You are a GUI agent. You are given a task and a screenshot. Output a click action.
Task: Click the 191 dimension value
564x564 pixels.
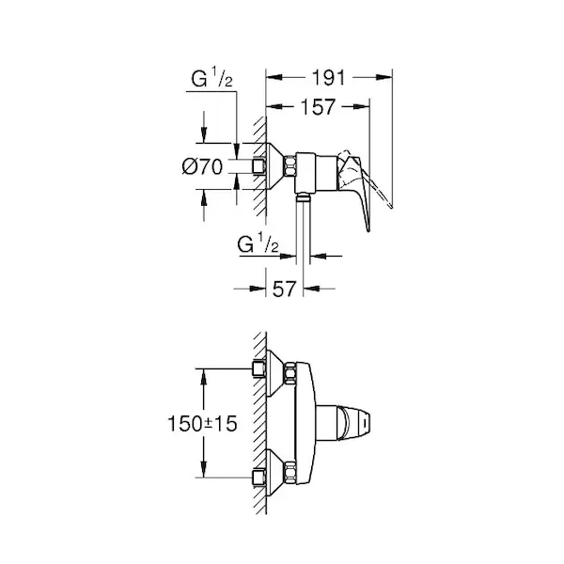coord(328,78)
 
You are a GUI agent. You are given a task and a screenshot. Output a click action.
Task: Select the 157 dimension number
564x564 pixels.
coord(318,107)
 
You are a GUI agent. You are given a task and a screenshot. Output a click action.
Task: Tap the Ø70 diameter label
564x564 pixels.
coord(202,167)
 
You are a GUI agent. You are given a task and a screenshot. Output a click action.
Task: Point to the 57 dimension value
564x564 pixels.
coord(284,289)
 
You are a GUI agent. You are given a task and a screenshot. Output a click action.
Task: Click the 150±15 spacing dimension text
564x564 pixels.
coord(202,423)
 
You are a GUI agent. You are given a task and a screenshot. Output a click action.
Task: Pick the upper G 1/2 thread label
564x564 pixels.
coord(211,79)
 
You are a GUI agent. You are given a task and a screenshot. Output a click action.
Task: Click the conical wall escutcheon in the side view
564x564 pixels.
coord(275,166)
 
